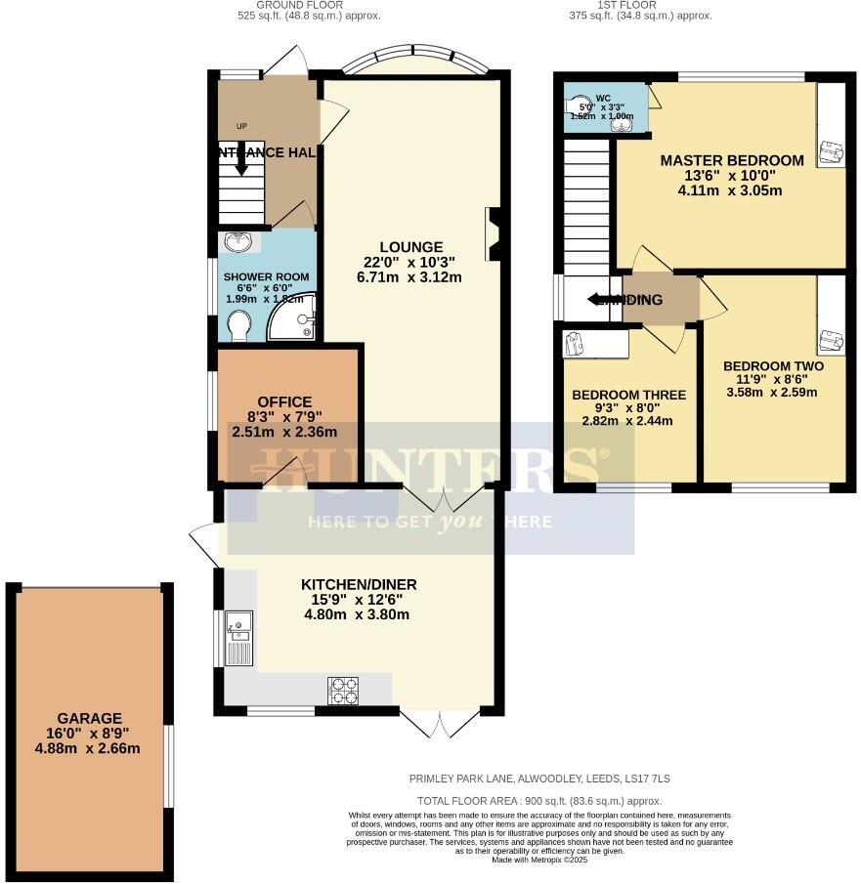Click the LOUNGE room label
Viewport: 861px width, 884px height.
(x=412, y=247)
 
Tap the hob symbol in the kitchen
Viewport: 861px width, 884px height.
(x=342, y=690)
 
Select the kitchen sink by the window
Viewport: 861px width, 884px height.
(x=238, y=636)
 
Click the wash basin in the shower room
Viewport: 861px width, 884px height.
(x=237, y=242)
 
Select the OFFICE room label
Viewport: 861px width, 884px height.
(x=284, y=401)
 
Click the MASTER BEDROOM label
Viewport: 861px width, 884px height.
(x=732, y=160)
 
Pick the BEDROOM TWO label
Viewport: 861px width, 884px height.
(x=773, y=366)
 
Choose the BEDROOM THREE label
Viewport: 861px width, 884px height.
(x=628, y=395)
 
